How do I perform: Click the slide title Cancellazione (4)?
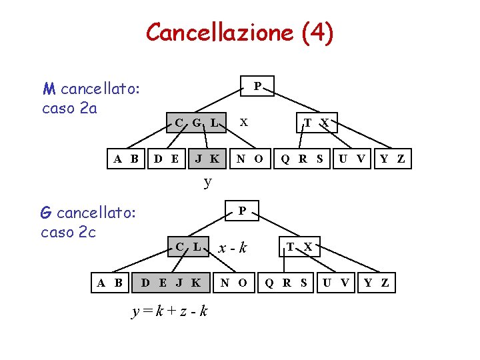coord(239,32)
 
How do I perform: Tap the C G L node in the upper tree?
coord(195,123)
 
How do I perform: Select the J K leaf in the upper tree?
coord(207,159)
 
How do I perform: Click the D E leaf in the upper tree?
coord(166,159)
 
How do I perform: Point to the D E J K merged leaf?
coord(171,282)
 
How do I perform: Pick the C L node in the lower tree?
coord(188,247)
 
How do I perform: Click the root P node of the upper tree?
coord(257,86)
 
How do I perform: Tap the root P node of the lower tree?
coord(243,211)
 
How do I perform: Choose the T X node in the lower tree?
coord(299,247)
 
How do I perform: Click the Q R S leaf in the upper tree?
coord(302,159)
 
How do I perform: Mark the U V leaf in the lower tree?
coord(335,282)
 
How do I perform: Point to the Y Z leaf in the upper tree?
coord(392,159)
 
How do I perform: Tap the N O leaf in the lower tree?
coord(234,282)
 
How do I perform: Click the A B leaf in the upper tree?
coord(126,159)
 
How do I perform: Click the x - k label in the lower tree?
coord(232,248)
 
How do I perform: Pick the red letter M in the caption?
coord(49,89)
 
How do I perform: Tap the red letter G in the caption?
coord(46,213)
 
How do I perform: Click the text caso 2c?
coord(69,232)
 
